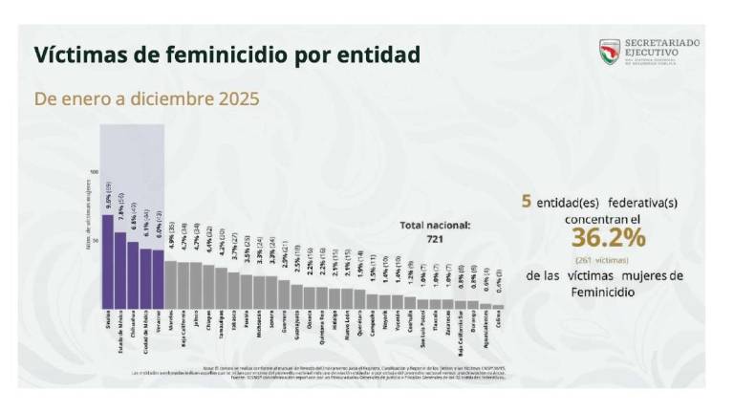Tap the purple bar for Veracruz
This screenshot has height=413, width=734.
pyautogui.click(x=159, y=279)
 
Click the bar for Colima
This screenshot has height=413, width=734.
pyautogui.click(x=498, y=307)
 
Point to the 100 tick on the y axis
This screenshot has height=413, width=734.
pyautogui.click(x=94, y=172)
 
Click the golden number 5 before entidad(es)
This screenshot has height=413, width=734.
pyautogui.click(x=526, y=202)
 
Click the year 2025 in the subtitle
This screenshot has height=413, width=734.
pyautogui.click(x=234, y=98)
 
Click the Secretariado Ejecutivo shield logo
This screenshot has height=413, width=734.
pyautogui.click(x=610, y=53)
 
